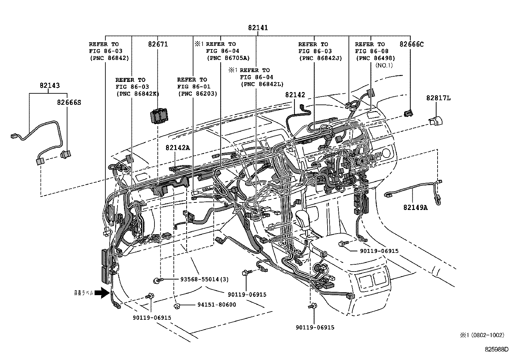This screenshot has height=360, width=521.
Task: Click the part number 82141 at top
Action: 258,28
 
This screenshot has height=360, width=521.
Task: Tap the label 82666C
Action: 411,44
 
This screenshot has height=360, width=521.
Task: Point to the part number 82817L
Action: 438,98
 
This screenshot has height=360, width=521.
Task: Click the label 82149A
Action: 415,207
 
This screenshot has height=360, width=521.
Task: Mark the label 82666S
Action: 69,103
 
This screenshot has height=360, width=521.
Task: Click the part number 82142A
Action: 177,148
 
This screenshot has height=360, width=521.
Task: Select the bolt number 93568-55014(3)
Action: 205,279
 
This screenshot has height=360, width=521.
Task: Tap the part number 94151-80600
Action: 217,305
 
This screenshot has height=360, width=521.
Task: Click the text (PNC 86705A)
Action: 228,58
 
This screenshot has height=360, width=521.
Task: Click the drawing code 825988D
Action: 497,349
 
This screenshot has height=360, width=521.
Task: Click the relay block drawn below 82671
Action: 158,116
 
